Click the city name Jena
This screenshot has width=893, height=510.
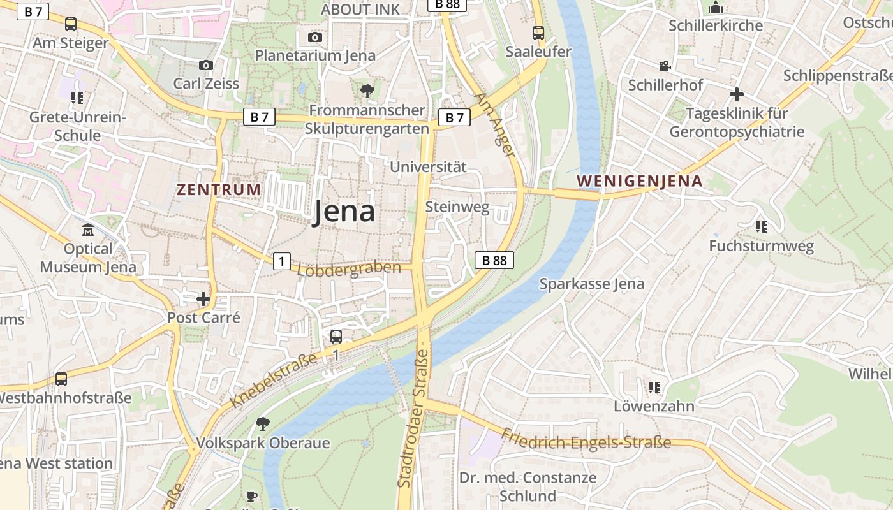(x=344, y=212)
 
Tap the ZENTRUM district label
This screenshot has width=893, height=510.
(x=219, y=189)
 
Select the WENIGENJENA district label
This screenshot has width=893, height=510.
(x=639, y=181)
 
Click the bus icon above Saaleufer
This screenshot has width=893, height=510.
(x=538, y=33)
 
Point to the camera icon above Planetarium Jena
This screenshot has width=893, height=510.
(x=315, y=37)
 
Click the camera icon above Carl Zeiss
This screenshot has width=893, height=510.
(x=205, y=65)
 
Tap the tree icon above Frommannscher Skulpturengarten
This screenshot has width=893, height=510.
(x=367, y=91)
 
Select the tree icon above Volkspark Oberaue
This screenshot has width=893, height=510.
(x=262, y=423)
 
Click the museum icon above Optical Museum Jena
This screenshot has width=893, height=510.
(x=88, y=229)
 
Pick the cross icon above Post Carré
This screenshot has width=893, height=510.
(x=203, y=298)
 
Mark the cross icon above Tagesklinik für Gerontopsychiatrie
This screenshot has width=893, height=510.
(x=737, y=94)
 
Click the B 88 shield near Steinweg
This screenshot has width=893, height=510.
(x=494, y=260)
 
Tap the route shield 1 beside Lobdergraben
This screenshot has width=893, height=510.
(x=282, y=261)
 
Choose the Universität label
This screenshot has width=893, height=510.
(x=428, y=167)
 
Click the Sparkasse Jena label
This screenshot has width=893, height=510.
(x=592, y=284)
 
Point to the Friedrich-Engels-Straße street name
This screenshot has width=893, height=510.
(x=586, y=439)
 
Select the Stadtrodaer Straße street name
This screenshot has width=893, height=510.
(x=414, y=418)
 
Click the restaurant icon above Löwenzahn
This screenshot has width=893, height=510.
(x=654, y=387)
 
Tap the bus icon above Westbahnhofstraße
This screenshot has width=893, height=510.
(x=61, y=379)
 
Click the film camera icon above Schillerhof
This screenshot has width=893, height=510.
(x=665, y=66)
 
